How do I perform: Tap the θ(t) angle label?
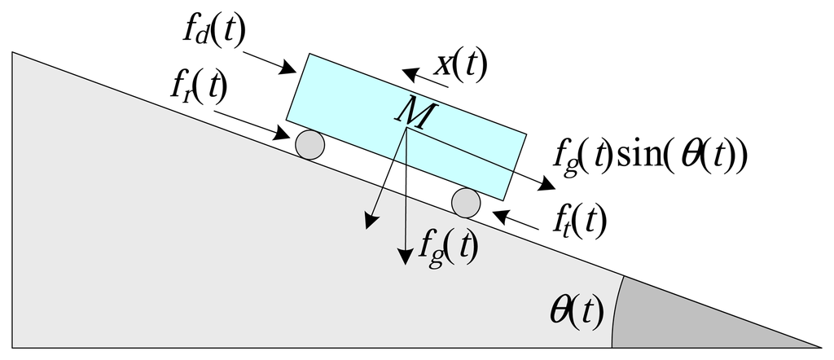(576, 311)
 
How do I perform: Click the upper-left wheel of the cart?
(309, 145)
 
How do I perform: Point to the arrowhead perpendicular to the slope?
(371, 221)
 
